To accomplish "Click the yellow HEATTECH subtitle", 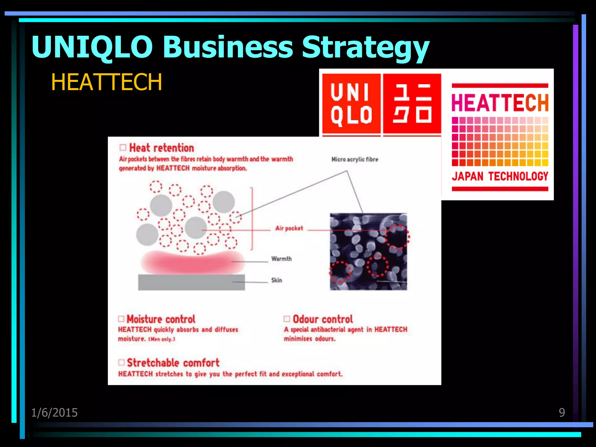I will [x=107, y=82].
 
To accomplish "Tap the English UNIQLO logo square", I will [x=351, y=104].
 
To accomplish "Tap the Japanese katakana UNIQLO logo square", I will [x=412, y=104].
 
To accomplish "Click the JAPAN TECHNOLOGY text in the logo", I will [x=500, y=176].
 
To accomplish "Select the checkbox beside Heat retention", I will [x=123, y=148].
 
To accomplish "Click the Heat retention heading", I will [x=162, y=148].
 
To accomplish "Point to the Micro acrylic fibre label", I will [x=355, y=159].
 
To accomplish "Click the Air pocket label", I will [x=289, y=228].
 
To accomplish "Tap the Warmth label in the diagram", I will [x=281, y=259].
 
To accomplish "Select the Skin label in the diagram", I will [x=276, y=280].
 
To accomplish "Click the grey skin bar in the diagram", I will [x=191, y=282].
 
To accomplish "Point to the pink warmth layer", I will [x=192, y=262].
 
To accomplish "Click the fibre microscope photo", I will [x=368, y=252].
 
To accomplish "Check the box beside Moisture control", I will [x=121, y=319].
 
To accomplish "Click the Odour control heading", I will [x=323, y=319].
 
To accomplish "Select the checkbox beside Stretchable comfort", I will [x=121, y=363].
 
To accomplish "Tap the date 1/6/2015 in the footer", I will [x=54, y=413].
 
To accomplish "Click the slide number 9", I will [x=562, y=412].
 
